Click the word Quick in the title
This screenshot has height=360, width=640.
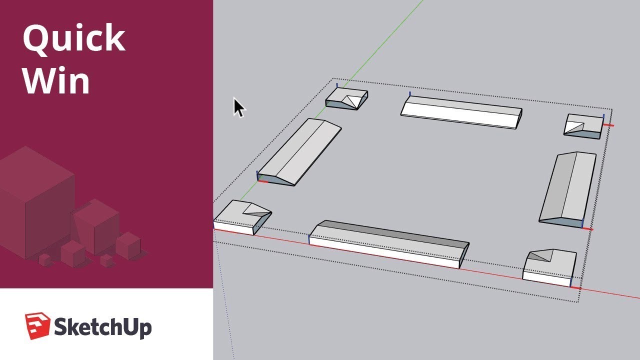(73, 39)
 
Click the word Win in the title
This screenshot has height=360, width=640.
(56, 80)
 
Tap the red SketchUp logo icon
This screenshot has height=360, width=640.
(37, 325)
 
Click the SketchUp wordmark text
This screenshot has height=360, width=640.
(102, 328)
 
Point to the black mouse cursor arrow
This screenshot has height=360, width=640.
(238, 106)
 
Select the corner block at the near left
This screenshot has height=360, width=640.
(242, 216)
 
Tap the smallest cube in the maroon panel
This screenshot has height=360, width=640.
(45, 259)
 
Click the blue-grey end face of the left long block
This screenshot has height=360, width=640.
(277, 180)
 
